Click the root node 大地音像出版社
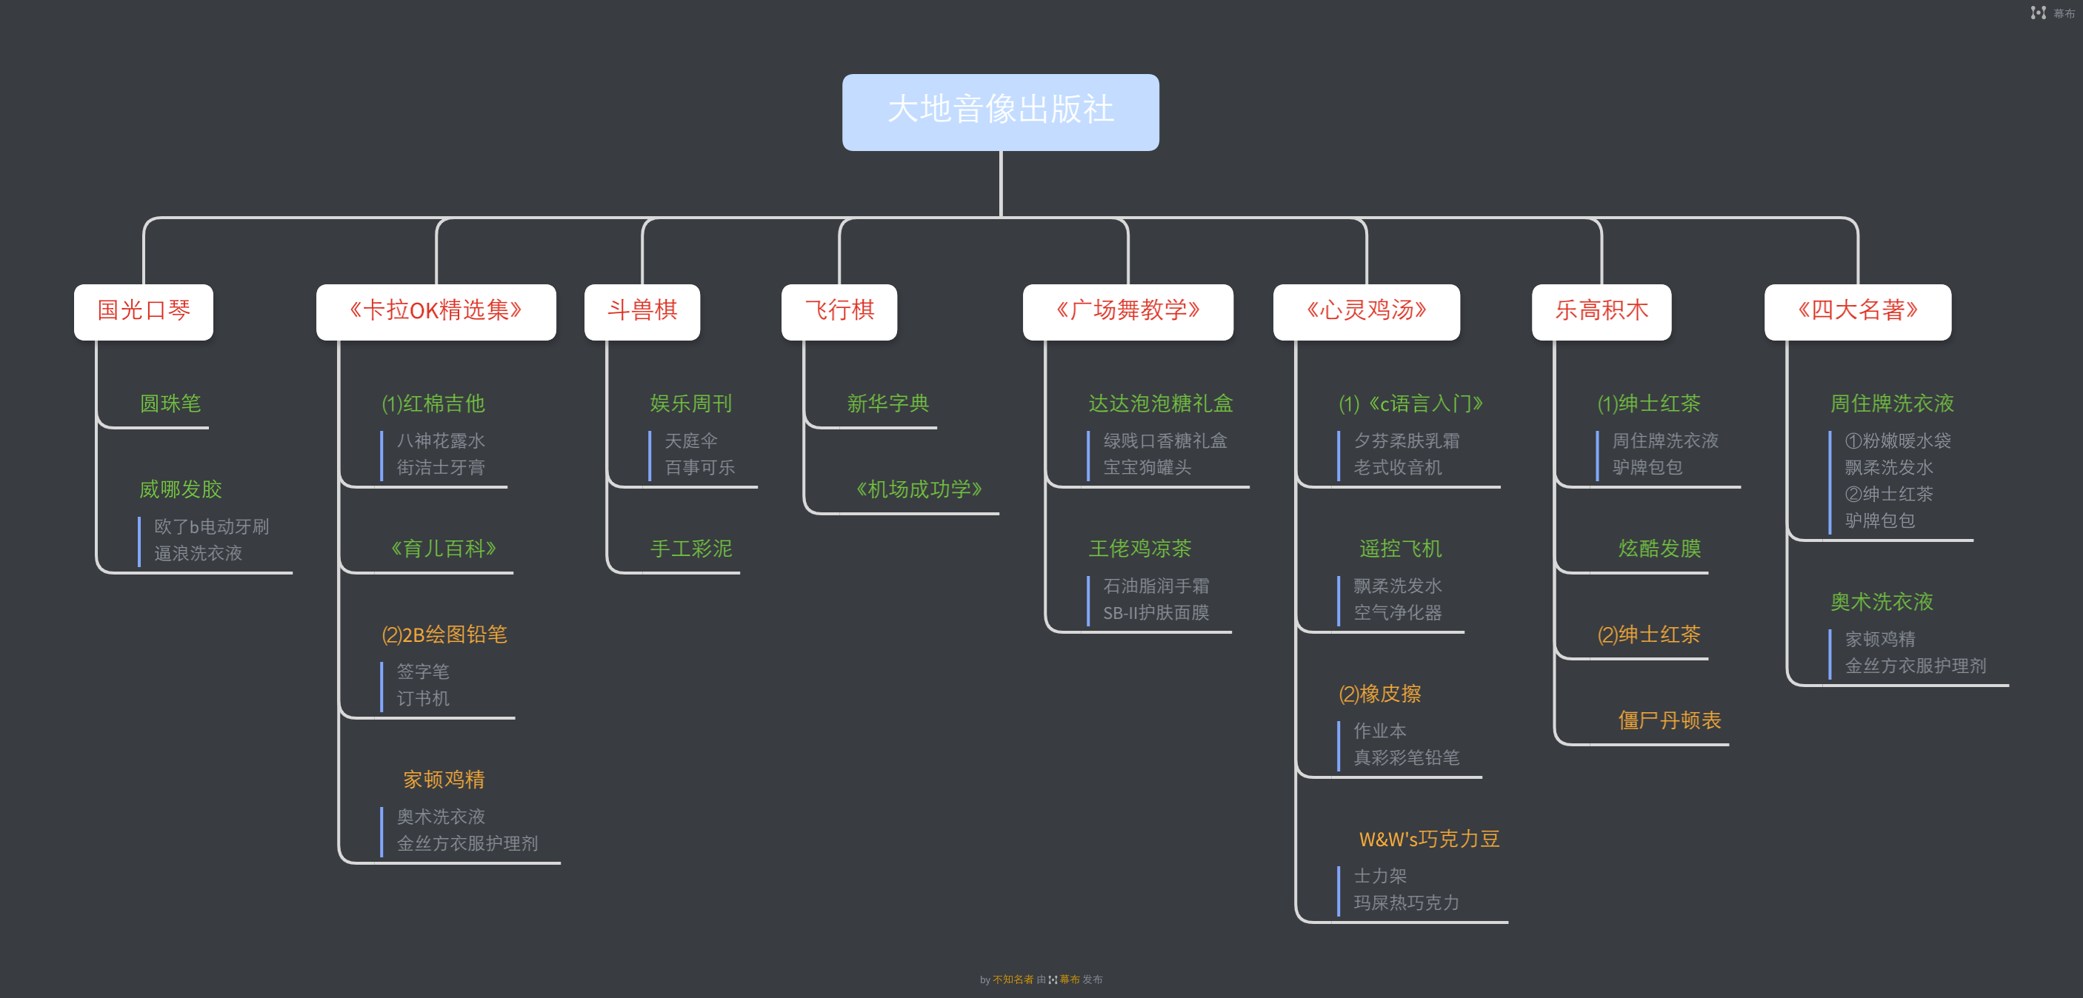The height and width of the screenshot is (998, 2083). [1000, 112]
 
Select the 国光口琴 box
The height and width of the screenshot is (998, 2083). [144, 311]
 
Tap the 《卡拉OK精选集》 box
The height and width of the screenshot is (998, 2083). [436, 311]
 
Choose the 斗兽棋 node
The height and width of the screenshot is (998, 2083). [642, 311]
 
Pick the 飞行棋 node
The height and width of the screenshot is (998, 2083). [839, 311]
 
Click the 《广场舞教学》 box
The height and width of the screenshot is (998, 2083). [1128, 311]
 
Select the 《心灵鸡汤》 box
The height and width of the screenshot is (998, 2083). [1367, 311]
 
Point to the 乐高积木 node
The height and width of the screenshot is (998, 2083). [1602, 311]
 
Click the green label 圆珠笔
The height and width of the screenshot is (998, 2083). [170, 403]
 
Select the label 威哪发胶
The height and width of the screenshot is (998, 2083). [180, 489]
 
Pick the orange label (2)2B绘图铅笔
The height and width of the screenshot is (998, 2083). [444, 634]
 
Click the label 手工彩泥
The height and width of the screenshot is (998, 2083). [691, 549]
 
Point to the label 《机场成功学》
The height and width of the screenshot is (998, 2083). [919, 489]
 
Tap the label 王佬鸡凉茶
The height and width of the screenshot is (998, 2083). [1140, 549]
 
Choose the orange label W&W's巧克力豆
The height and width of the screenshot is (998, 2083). [1430, 839]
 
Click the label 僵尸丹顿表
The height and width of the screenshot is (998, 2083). [1670, 720]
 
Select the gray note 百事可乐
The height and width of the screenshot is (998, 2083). [700, 467]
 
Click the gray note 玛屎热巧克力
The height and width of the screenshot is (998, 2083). [1407, 902]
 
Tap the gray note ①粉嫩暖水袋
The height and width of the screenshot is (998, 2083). [1898, 441]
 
